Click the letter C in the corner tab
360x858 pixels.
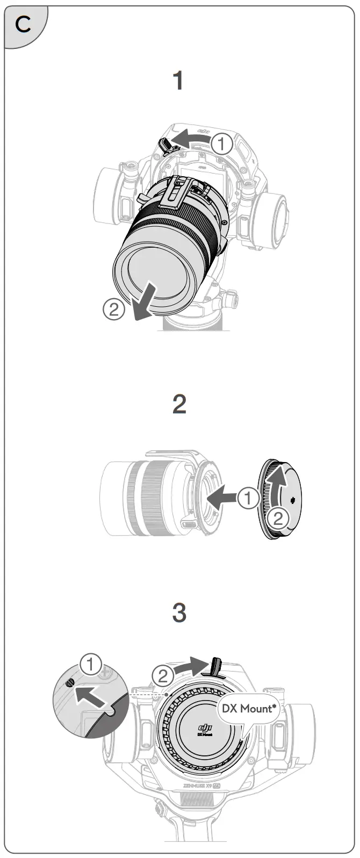(x=23, y=24)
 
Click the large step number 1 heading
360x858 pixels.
(x=178, y=82)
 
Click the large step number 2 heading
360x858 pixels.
(x=179, y=404)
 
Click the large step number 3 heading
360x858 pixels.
(x=179, y=612)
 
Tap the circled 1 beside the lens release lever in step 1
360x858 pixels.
(x=221, y=144)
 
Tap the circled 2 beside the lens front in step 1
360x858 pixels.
(x=114, y=309)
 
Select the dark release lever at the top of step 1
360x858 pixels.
(x=165, y=143)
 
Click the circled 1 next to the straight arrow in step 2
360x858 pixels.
(x=248, y=498)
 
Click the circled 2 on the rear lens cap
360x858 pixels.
(x=278, y=518)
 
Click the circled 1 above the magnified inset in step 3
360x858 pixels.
(x=91, y=665)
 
